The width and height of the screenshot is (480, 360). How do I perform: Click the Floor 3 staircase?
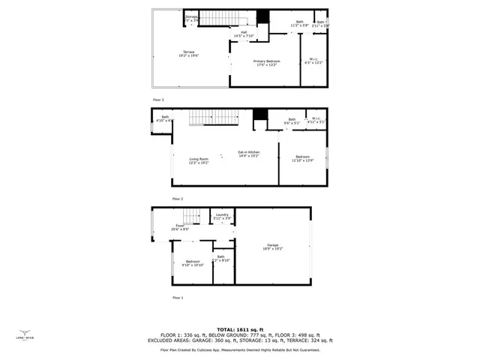(x=220, y=18)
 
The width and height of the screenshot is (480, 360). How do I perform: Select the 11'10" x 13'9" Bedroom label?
(x=302, y=157)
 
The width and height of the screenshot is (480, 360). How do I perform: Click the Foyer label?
(x=180, y=226)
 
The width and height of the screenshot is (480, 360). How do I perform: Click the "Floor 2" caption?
(x=178, y=199)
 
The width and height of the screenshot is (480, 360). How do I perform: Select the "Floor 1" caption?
(x=178, y=298)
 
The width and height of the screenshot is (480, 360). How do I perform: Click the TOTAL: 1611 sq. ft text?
(x=240, y=329)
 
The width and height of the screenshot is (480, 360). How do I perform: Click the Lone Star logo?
(x=25, y=335)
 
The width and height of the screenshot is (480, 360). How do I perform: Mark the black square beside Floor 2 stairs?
(x=259, y=114)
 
